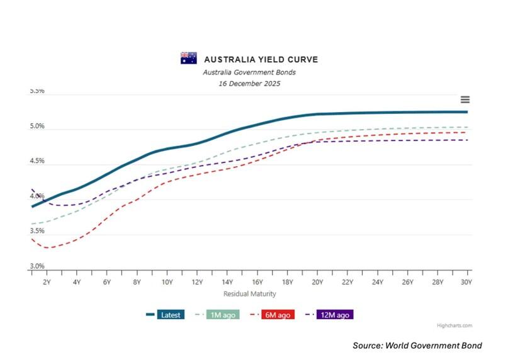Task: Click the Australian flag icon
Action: [189, 59]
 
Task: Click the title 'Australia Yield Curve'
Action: [261, 60]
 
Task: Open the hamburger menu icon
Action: [465, 100]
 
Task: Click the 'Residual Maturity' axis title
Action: [249, 294]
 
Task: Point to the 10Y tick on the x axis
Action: [167, 283]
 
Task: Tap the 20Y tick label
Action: [317, 283]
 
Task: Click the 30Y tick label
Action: [466, 283]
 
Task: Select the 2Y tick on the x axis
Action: [47, 283]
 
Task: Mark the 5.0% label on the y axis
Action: [37, 127]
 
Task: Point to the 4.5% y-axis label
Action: [37, 161]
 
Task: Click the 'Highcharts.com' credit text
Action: [454, 326]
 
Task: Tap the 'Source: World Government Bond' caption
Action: [417, 346]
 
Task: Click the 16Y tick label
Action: [257, 283]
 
